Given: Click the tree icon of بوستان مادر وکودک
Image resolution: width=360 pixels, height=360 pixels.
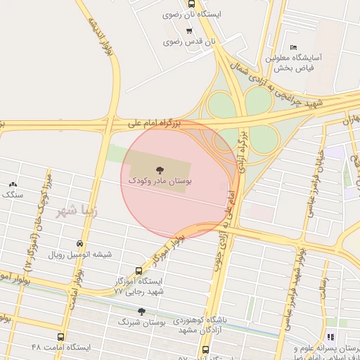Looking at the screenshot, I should pos(160,169).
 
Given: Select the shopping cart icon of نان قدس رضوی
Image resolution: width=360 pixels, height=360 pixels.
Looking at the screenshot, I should pos(189,30).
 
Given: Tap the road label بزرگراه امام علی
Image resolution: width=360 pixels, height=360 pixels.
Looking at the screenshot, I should pos(155,123).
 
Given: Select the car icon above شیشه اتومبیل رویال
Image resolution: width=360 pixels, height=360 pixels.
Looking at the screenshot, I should pos(79,243).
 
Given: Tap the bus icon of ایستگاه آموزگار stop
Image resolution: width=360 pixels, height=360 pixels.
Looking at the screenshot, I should pos(139,270).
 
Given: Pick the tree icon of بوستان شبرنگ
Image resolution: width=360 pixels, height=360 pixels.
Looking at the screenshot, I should pos(141,311).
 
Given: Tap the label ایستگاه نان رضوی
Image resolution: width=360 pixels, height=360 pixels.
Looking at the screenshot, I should pos(192,14).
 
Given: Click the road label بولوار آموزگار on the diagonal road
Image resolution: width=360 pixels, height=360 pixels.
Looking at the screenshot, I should pos(169,245).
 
